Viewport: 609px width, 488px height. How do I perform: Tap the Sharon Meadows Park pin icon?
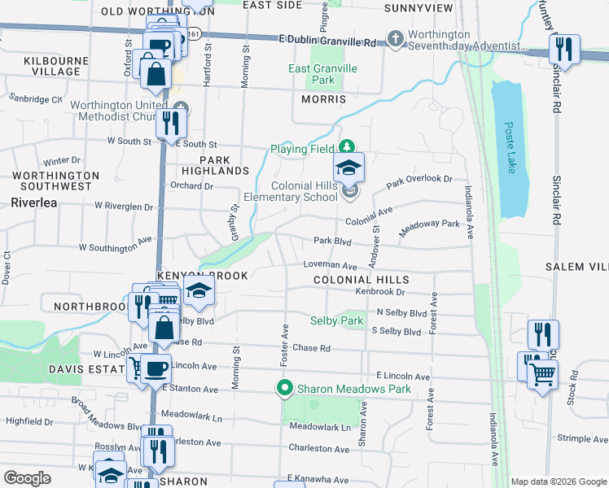[x=284, y=388]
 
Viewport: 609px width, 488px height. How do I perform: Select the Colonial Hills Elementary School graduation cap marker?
[x=348, y=168]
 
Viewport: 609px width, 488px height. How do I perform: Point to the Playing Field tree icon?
[x=348, y=147]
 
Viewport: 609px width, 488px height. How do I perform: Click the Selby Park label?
[x=336, y=321]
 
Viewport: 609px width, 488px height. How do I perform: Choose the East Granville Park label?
[x=323, y=74]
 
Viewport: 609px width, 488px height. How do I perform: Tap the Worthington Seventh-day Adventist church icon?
[x=395, y=38]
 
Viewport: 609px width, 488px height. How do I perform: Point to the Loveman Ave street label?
[x=330, y=266]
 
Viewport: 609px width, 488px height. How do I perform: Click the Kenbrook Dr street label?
[x=379, y=291]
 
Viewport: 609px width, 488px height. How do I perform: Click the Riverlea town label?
[x=34, y=203]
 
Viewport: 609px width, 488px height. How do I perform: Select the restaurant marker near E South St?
[x=170, y=123]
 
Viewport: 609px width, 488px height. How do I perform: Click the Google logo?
[x=28, y=478]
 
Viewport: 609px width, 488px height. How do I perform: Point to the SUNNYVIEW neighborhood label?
[x=418, y=7]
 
